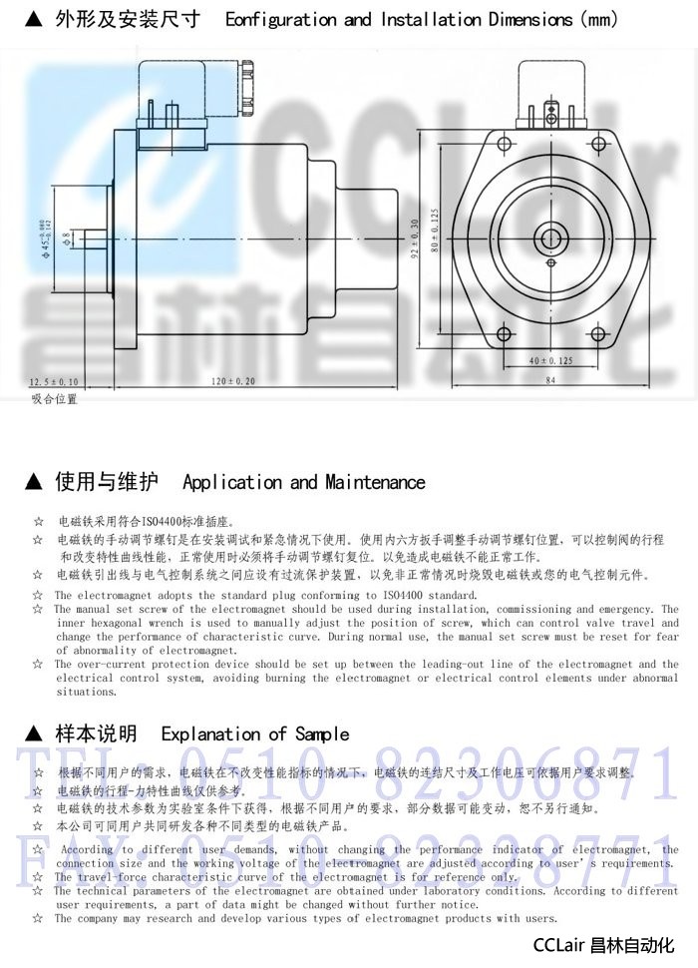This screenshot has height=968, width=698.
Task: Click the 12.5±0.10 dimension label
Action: (x=54, y=381)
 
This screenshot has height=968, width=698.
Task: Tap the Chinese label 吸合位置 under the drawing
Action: (x=54, y=399)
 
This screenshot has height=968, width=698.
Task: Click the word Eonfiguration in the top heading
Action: (x=281, y=20)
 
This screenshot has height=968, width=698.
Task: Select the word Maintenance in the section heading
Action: (x=375, y=483)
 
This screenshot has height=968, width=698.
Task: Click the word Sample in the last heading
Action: (x=319, y=734)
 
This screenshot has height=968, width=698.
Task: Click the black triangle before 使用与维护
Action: (x=34, y=483)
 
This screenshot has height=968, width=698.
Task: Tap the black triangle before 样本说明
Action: (x=34, y=734)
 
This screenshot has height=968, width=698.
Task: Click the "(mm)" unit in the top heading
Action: (x=598, y=20)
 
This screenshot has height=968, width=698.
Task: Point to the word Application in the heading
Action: (x=232, y=483)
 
